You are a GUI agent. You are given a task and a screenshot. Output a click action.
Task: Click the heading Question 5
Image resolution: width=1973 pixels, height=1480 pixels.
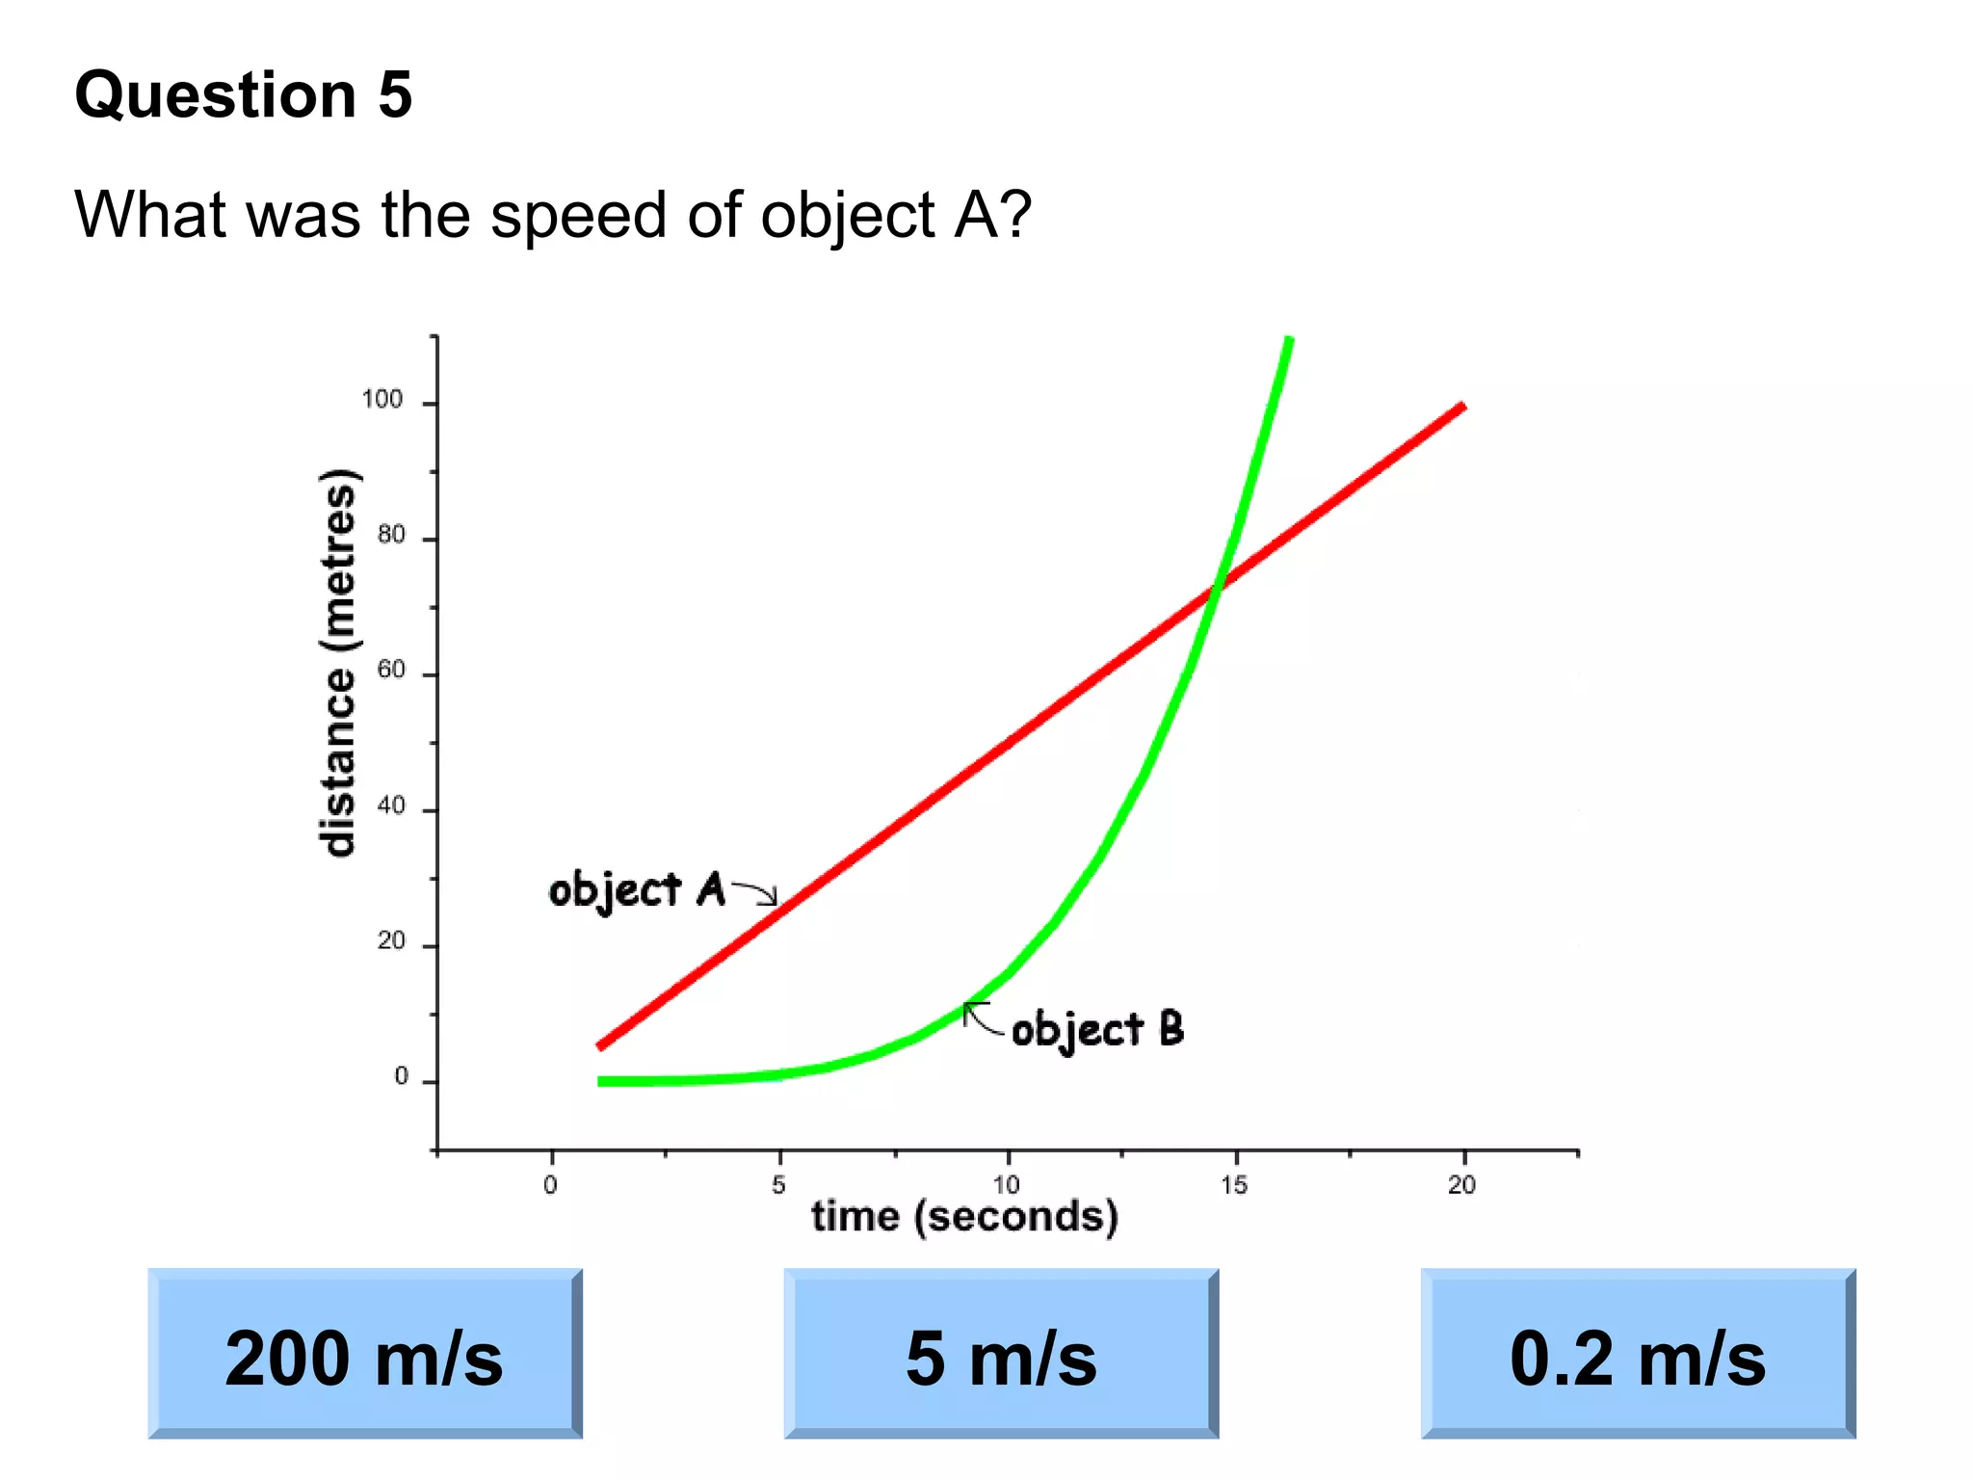(x=244, y=95)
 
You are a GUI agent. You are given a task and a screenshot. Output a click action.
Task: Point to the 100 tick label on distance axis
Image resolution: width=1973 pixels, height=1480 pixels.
(x=382, y=400)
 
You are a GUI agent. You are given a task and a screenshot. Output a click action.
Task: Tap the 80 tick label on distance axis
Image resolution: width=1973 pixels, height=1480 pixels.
(x=391, y=536)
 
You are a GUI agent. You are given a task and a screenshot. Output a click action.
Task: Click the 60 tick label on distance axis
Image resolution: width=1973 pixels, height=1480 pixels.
(x=391, y=671)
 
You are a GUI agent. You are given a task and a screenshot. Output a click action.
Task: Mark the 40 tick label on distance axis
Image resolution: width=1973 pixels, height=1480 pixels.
(x=391, y=806)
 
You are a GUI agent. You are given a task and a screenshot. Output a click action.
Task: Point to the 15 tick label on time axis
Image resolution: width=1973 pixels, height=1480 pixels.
(x=1234, y=1185)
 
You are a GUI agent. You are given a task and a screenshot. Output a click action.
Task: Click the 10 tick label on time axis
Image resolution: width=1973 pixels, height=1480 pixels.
(x=1007, y=1185)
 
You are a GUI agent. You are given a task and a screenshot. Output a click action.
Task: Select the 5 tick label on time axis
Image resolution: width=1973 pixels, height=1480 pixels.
(x=778, y=1185)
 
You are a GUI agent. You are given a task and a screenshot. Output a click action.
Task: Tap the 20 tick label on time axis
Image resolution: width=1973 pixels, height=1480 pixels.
(x=1461, y=1185)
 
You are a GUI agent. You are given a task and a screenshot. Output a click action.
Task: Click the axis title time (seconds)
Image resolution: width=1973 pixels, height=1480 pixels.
(x=964, y=1217)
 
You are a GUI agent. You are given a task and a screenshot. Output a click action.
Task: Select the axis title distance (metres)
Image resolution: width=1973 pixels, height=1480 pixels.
(x=337, y=662)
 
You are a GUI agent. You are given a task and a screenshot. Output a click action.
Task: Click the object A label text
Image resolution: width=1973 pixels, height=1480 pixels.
(x=636, y=889)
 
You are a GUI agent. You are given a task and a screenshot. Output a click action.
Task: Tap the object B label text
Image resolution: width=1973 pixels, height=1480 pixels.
(x=1097, y=1030)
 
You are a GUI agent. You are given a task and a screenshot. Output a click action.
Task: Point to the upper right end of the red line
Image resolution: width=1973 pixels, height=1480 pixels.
(x=1462, y=407)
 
